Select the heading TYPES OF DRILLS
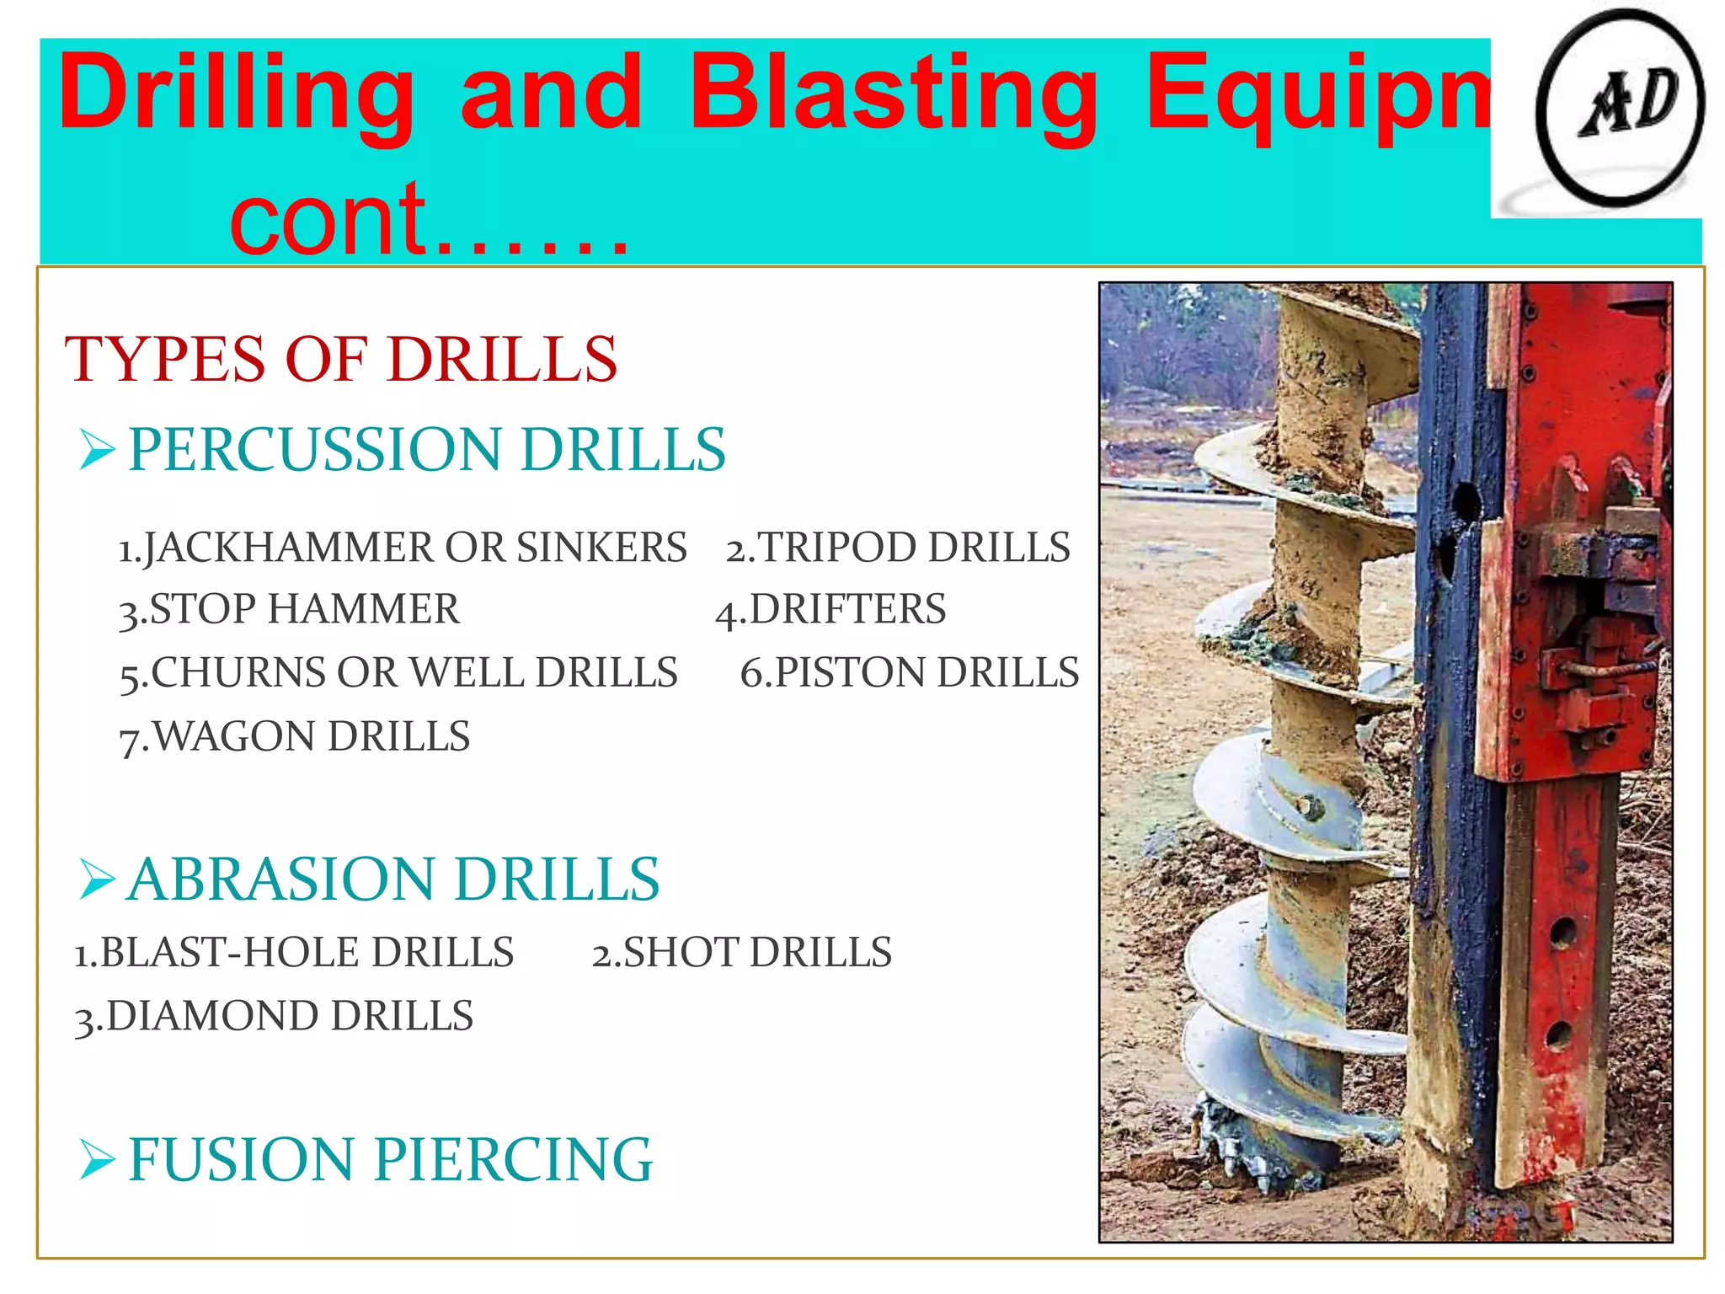pos(341,360)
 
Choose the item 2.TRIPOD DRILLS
pos(898,548)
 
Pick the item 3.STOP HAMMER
pos(290,610)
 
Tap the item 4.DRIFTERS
pos(830,610)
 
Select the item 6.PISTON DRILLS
pos(910,673)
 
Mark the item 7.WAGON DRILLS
pos(295,737)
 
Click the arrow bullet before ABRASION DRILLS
pos(97,880)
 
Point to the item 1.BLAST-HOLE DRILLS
pos(294,953)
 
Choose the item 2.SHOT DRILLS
pos(741,953)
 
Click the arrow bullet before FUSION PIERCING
pos(97,1160)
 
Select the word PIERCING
pos(513,1160)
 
